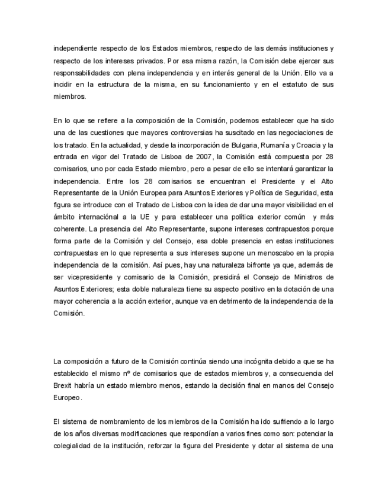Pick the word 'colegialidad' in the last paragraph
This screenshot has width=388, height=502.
point(73,446)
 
